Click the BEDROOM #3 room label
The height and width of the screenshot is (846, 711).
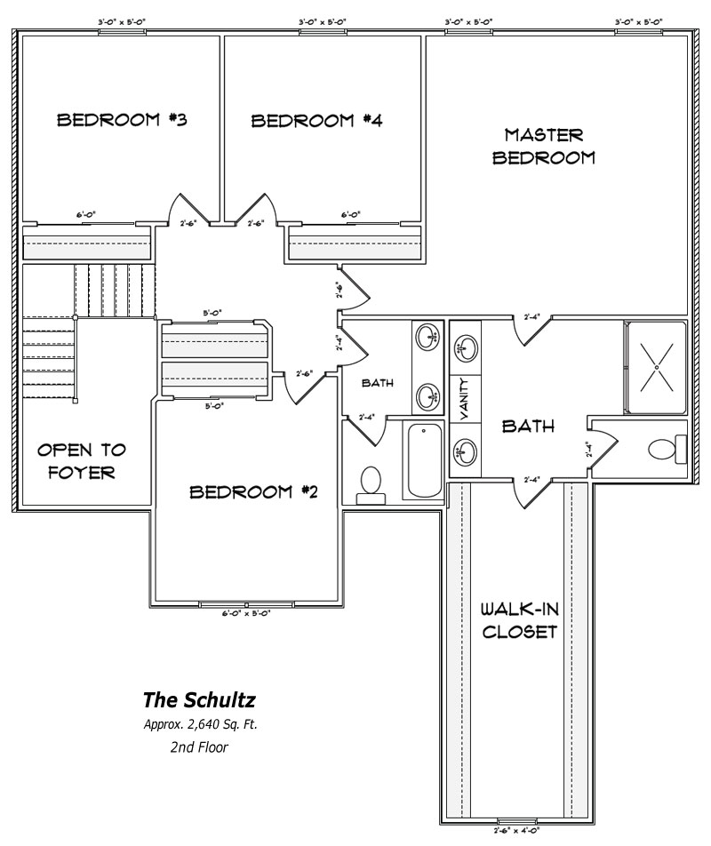point(121,120)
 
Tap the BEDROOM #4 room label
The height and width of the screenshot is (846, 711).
point(316,121)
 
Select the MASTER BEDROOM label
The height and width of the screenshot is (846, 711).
point(543,147)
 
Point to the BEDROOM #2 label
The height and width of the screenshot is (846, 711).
point(253,491)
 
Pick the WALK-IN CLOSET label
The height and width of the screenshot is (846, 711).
point(518,621)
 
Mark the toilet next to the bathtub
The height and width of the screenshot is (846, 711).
point(370,484)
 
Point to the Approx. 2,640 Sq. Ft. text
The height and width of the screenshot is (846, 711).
point(200,724)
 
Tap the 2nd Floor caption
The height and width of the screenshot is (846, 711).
point(199,747)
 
